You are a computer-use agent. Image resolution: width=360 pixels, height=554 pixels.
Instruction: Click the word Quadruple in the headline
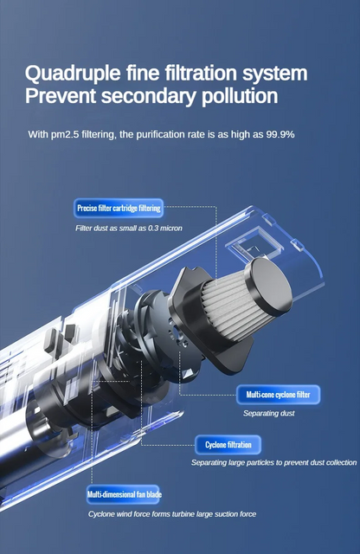click(73, 74)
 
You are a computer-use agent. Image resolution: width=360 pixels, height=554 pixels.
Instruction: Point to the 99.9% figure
click(280, 134)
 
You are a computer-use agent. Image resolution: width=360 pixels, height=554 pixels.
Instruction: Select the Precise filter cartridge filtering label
click(119, 208)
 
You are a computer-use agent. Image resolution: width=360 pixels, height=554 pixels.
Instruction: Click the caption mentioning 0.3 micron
click(129, 229)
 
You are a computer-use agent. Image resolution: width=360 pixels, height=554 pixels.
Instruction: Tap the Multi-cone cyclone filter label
click(278, 395)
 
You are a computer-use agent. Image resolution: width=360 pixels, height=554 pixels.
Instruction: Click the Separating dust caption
click(268, 413)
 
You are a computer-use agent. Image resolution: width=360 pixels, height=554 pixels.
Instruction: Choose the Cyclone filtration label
click(228, 444)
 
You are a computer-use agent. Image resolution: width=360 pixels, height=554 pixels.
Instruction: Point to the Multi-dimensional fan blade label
click(124, 494)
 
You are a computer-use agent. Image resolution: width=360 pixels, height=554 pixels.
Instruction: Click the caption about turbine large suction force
click(172, 514)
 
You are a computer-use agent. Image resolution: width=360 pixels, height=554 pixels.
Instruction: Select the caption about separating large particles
click(273, 462)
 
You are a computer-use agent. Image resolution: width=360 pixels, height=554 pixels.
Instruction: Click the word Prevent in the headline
click(61, 96)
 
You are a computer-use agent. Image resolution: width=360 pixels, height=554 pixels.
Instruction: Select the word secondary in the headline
click(148, 96)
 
